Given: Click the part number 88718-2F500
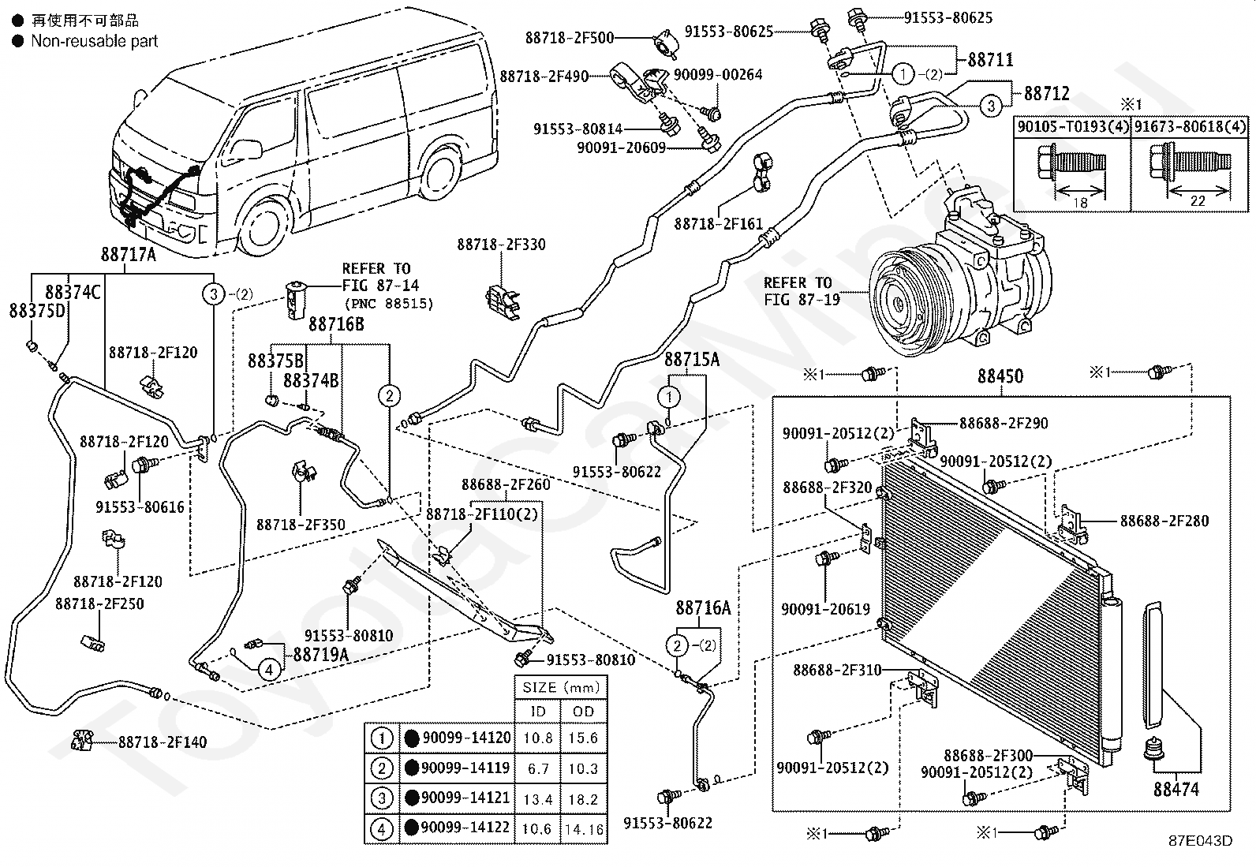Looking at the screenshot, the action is (569, 38).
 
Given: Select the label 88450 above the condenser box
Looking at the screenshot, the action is (1000, 376).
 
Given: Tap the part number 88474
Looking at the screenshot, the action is (1176, 789).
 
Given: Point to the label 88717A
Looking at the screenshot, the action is (129, 255).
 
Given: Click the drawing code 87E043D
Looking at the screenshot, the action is (1201, 841).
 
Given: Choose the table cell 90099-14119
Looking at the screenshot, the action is (465, 767).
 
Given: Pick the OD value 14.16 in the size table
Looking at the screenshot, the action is (584, 829).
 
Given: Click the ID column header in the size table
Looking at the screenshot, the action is (538, 711).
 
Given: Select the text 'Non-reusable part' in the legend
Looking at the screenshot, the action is (94, 41).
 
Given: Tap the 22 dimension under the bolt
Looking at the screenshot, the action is (1197, 200).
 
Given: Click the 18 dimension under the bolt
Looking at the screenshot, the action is (1080, 202).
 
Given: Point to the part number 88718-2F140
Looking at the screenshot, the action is (163, 742).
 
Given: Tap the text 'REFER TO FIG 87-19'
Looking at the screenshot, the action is (802, 291).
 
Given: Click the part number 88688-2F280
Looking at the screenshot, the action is (1164, 521).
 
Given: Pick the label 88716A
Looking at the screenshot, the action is (703, 607).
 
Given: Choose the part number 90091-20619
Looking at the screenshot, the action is (825, 608).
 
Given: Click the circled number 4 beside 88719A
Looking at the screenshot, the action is (269, 670).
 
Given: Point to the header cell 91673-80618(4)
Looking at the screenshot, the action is (1189, 126).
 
